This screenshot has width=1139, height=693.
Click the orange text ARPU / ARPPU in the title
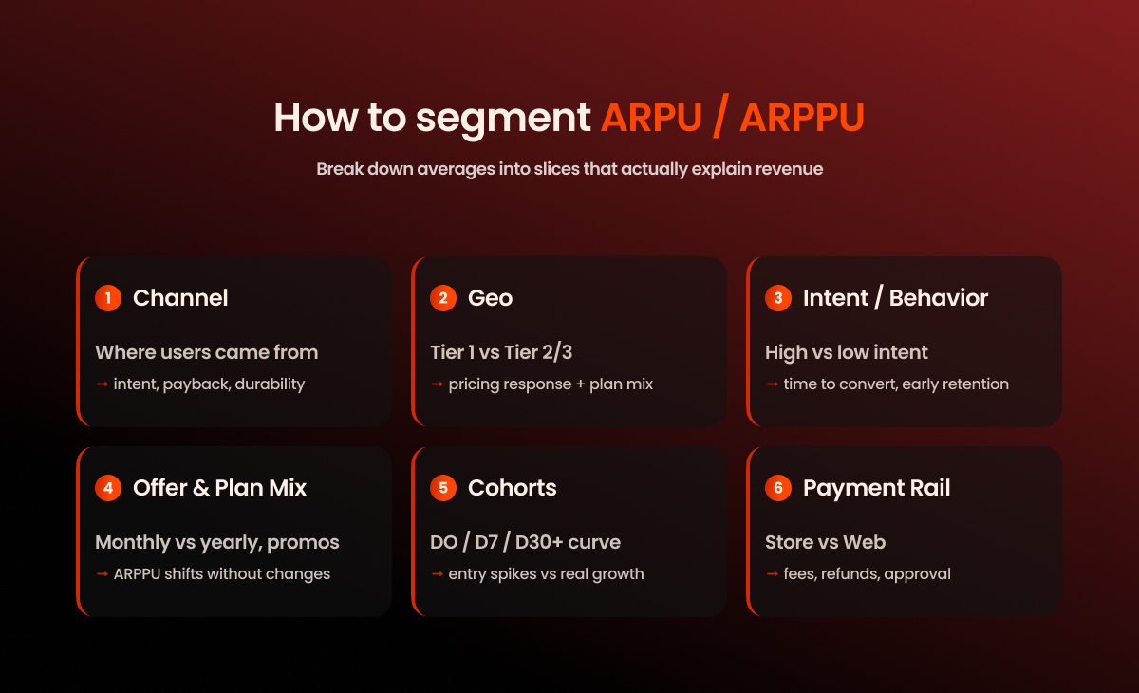tap(732, 118)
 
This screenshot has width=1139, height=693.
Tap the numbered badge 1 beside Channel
tap(108, 298)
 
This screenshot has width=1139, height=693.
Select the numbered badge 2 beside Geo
tap(443, 298)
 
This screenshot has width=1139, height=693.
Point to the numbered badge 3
tap(778, 298)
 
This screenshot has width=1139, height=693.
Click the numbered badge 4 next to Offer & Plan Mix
tap(108, 488)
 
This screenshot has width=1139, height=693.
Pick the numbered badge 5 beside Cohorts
tap(443, 488)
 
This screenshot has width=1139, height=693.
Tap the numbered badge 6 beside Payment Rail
tap(778, 488)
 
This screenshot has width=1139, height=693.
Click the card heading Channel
tap(180, 298)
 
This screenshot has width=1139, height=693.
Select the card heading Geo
tap(490, 298)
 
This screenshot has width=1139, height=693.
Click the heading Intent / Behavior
tap(895, 298)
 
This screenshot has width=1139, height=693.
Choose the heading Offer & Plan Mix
tap(219, 488)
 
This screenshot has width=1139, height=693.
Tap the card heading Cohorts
tap(512, 488)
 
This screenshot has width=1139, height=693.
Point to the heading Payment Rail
tap(876, 488)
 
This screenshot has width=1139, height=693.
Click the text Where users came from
tap(206, 352)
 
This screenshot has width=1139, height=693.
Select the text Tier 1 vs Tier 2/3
tap(501, 352)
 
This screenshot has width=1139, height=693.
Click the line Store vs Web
tap(825, 542)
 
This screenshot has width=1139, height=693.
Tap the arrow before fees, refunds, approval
tap(772, 574)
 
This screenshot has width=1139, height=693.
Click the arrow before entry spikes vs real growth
tap(437, 574)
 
